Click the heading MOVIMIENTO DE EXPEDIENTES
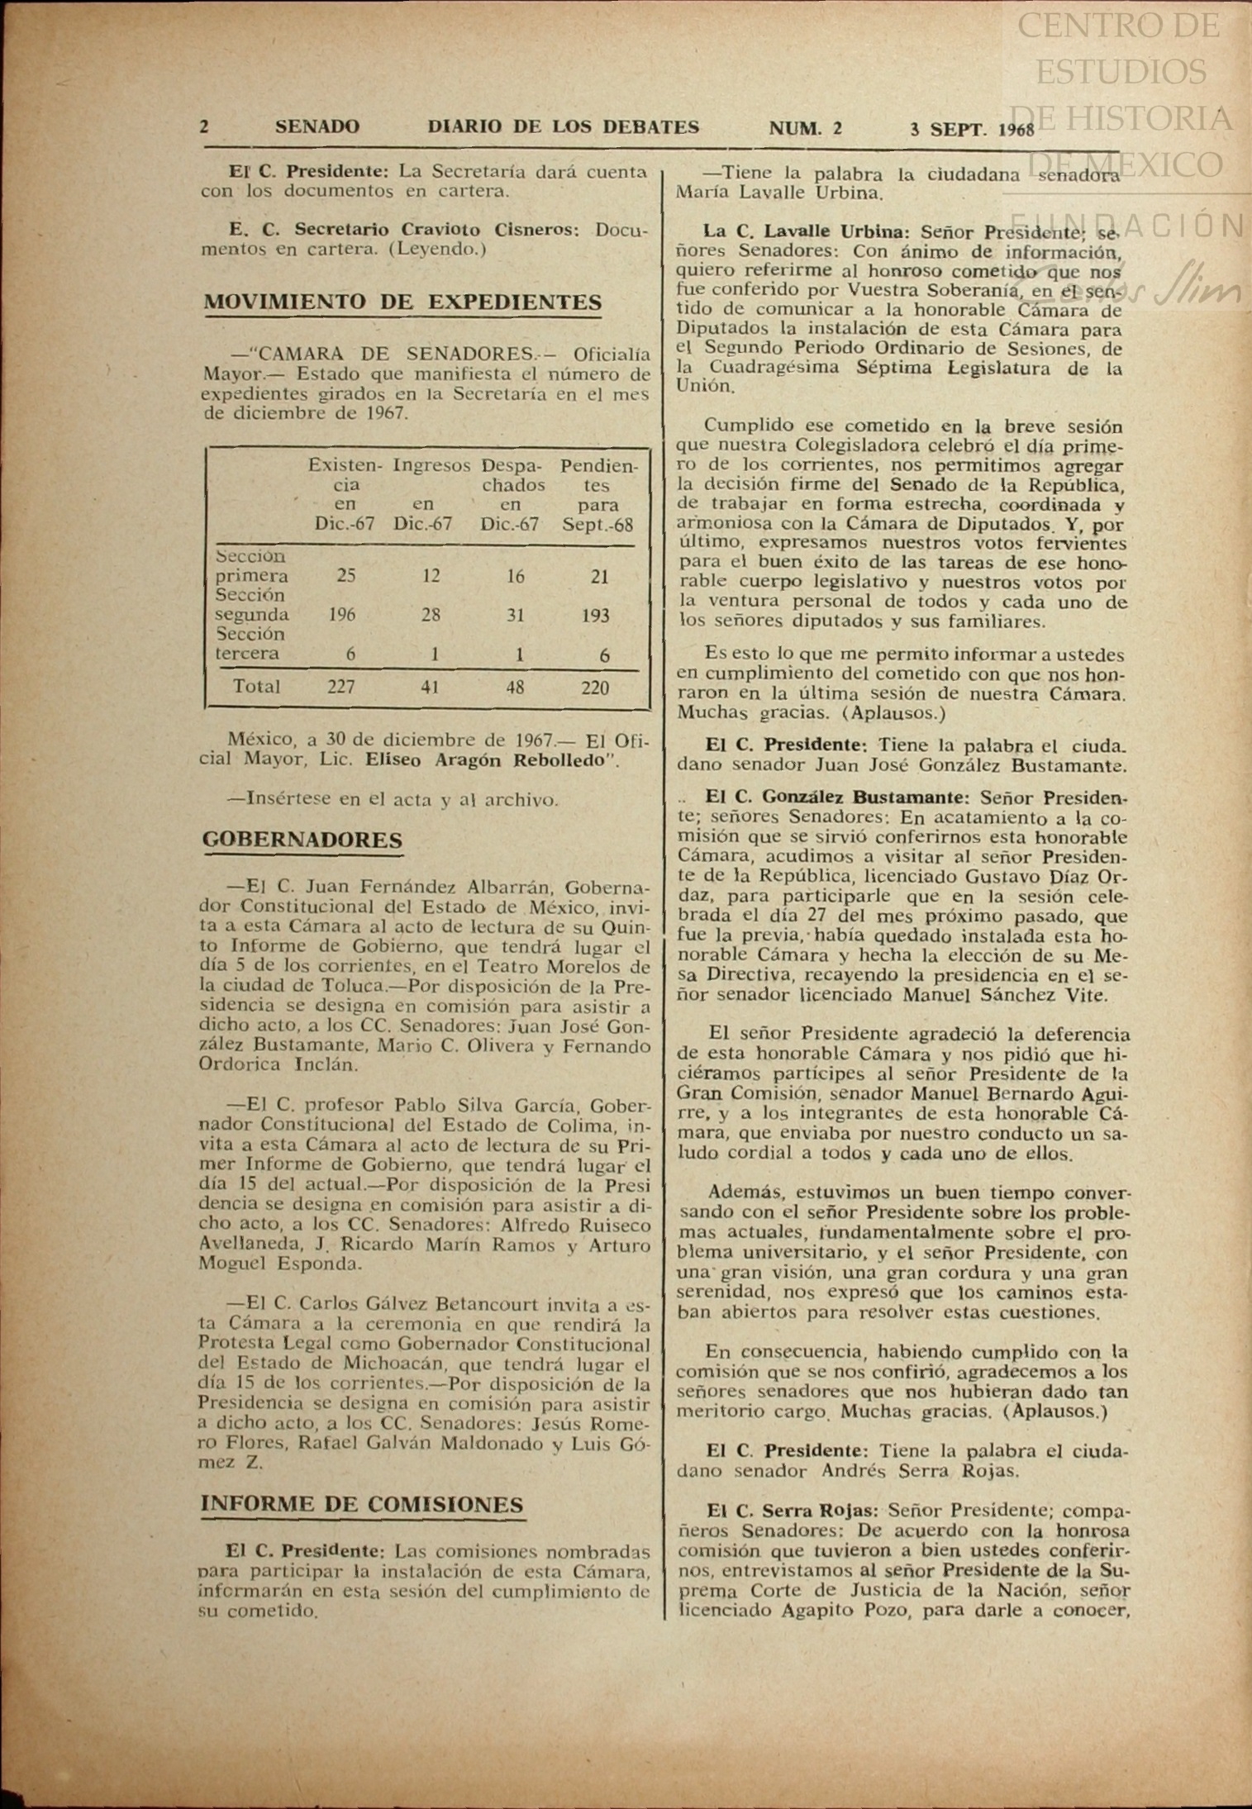(402, 302)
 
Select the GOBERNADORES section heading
(302, 840)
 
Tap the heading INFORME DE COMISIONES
(362, 1504)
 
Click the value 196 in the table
(342, 615)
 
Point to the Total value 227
(340, 687)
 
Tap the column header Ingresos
(431, 465)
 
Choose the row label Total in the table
(257, 687)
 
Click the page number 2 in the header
(204, 127)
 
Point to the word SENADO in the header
(317, 127)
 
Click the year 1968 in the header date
(1016, 131)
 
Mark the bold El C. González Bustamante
(835, 797)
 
